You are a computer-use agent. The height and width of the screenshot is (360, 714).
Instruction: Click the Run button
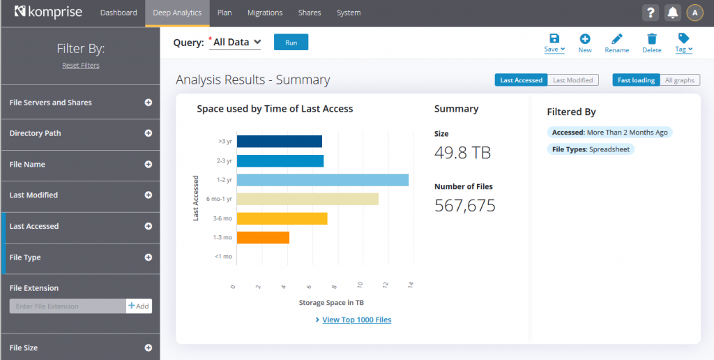click(291, 43)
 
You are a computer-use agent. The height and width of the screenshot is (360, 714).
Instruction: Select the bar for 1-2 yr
click(322, 180)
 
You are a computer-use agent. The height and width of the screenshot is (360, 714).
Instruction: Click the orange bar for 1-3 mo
click(263, 238)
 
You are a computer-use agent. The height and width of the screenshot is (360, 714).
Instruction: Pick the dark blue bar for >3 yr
click(279, 142)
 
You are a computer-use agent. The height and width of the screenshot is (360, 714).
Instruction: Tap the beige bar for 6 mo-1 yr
click(307, 200)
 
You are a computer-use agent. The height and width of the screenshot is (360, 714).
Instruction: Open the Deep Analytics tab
click(177, 13)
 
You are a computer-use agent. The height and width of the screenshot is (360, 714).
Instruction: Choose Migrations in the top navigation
click(265, 13)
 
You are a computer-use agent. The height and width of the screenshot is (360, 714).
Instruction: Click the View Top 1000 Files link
click(356, 320)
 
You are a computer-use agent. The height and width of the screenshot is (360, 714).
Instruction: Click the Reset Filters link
click(81, 66)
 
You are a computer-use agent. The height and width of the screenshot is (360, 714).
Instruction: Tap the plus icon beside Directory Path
click(148, 133)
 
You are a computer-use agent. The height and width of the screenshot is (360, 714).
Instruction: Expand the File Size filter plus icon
click(148, 347)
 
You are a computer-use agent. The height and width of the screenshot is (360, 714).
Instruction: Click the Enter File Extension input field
click(68, 306)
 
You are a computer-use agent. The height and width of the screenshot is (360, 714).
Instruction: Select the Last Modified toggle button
click(572, 80)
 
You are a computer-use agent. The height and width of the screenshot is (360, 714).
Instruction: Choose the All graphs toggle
click(678, 80)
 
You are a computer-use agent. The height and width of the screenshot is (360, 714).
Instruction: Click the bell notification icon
click(672, 13)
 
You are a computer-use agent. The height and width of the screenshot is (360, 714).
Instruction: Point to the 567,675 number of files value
click(464, 205)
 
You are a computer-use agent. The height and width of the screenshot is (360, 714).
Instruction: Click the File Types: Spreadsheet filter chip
click(591, 149)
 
